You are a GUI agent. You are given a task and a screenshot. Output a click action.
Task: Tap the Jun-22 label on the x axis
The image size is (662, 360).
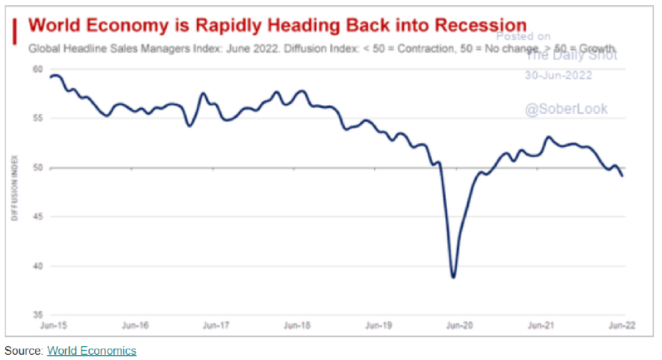(622, 326)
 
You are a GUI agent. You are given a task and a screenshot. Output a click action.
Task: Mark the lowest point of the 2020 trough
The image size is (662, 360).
(453, 277)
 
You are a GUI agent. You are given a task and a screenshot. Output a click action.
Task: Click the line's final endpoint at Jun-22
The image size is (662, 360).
(622, 176)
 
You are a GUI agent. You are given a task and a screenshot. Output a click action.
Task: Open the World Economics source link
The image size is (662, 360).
(91, 351)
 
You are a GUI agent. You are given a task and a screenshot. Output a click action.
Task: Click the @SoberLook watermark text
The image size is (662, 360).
(566, 109)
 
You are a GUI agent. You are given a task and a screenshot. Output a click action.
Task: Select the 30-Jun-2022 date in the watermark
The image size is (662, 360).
(558, 75)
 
